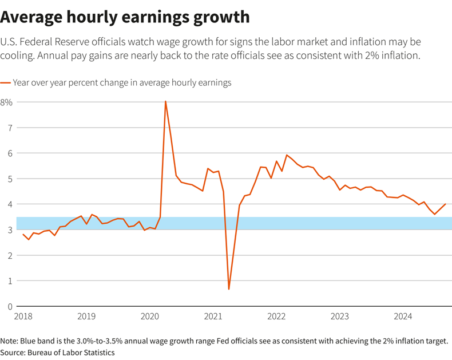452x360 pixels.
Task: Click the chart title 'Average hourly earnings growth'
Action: coord(125,17)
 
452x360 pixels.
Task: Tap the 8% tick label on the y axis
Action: coord(6,102)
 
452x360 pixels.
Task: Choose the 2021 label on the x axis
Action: coord(213,317)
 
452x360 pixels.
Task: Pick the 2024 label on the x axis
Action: coord(403,317)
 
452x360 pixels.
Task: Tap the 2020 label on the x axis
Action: coord(149,317)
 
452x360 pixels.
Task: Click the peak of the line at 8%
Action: coord(165,102)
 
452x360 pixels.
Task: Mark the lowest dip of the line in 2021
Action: coord(229,289)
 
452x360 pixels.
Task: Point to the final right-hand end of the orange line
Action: coord(445,204)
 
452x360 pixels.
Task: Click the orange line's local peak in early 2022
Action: coord(287,155)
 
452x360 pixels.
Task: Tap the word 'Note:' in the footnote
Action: coord(10,341)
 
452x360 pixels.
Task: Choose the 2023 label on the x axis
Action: coord(339,317)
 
